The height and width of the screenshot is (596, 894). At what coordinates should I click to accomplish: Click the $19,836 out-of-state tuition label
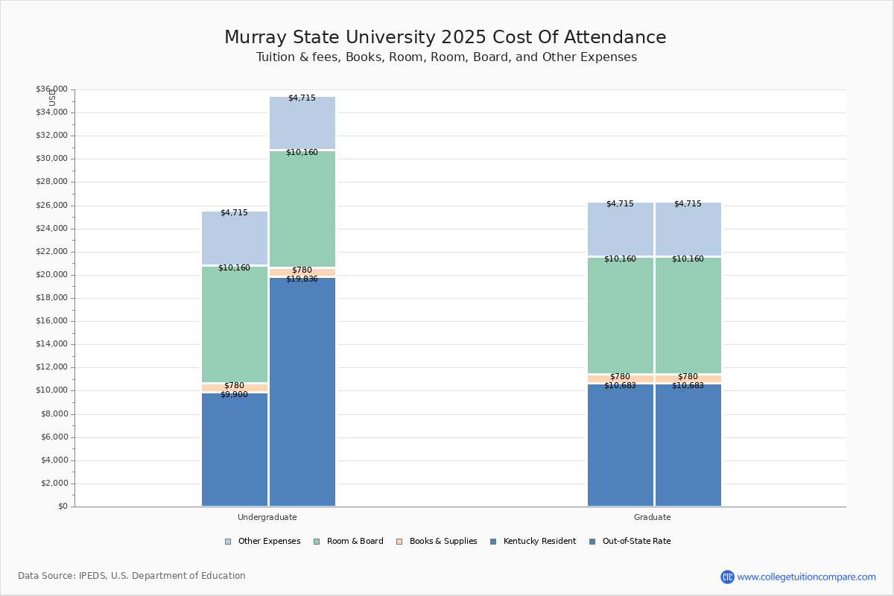pyautogui.click(x=302, y=279)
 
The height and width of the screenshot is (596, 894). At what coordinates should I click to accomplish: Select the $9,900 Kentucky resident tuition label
pyautogui.click(x=234, y=395)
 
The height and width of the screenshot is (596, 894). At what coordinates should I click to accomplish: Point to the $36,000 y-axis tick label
pyautogui.click(x=51, y=89)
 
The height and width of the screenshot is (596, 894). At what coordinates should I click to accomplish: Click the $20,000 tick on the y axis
pyautogui.click(x=51, y=275)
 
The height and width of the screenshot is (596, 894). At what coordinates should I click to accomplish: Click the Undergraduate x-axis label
pyautogui.click(x=267, y=517)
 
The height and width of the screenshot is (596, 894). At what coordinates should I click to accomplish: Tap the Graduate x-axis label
pyautogui.click(x=653, y=517)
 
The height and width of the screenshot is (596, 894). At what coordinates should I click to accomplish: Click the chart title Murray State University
pyautogui.click(x=446, y=38)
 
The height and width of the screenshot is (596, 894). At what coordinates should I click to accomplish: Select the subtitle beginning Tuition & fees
pyautogui.click(x=446, y=57)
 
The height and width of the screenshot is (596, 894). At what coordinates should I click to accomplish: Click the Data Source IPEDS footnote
pyautogui.click(x=132, y=576)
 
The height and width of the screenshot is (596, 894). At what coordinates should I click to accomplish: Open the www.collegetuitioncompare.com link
pyautogui.click(x=806, y=577)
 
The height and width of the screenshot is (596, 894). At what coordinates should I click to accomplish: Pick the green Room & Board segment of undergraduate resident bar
pyautogui.click(x=235, y=324)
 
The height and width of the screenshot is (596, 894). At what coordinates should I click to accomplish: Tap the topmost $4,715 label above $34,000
pyautogui.click(x=302, y=98)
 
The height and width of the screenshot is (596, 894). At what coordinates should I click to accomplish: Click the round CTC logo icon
pyautogui.click(x=727, y=577)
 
